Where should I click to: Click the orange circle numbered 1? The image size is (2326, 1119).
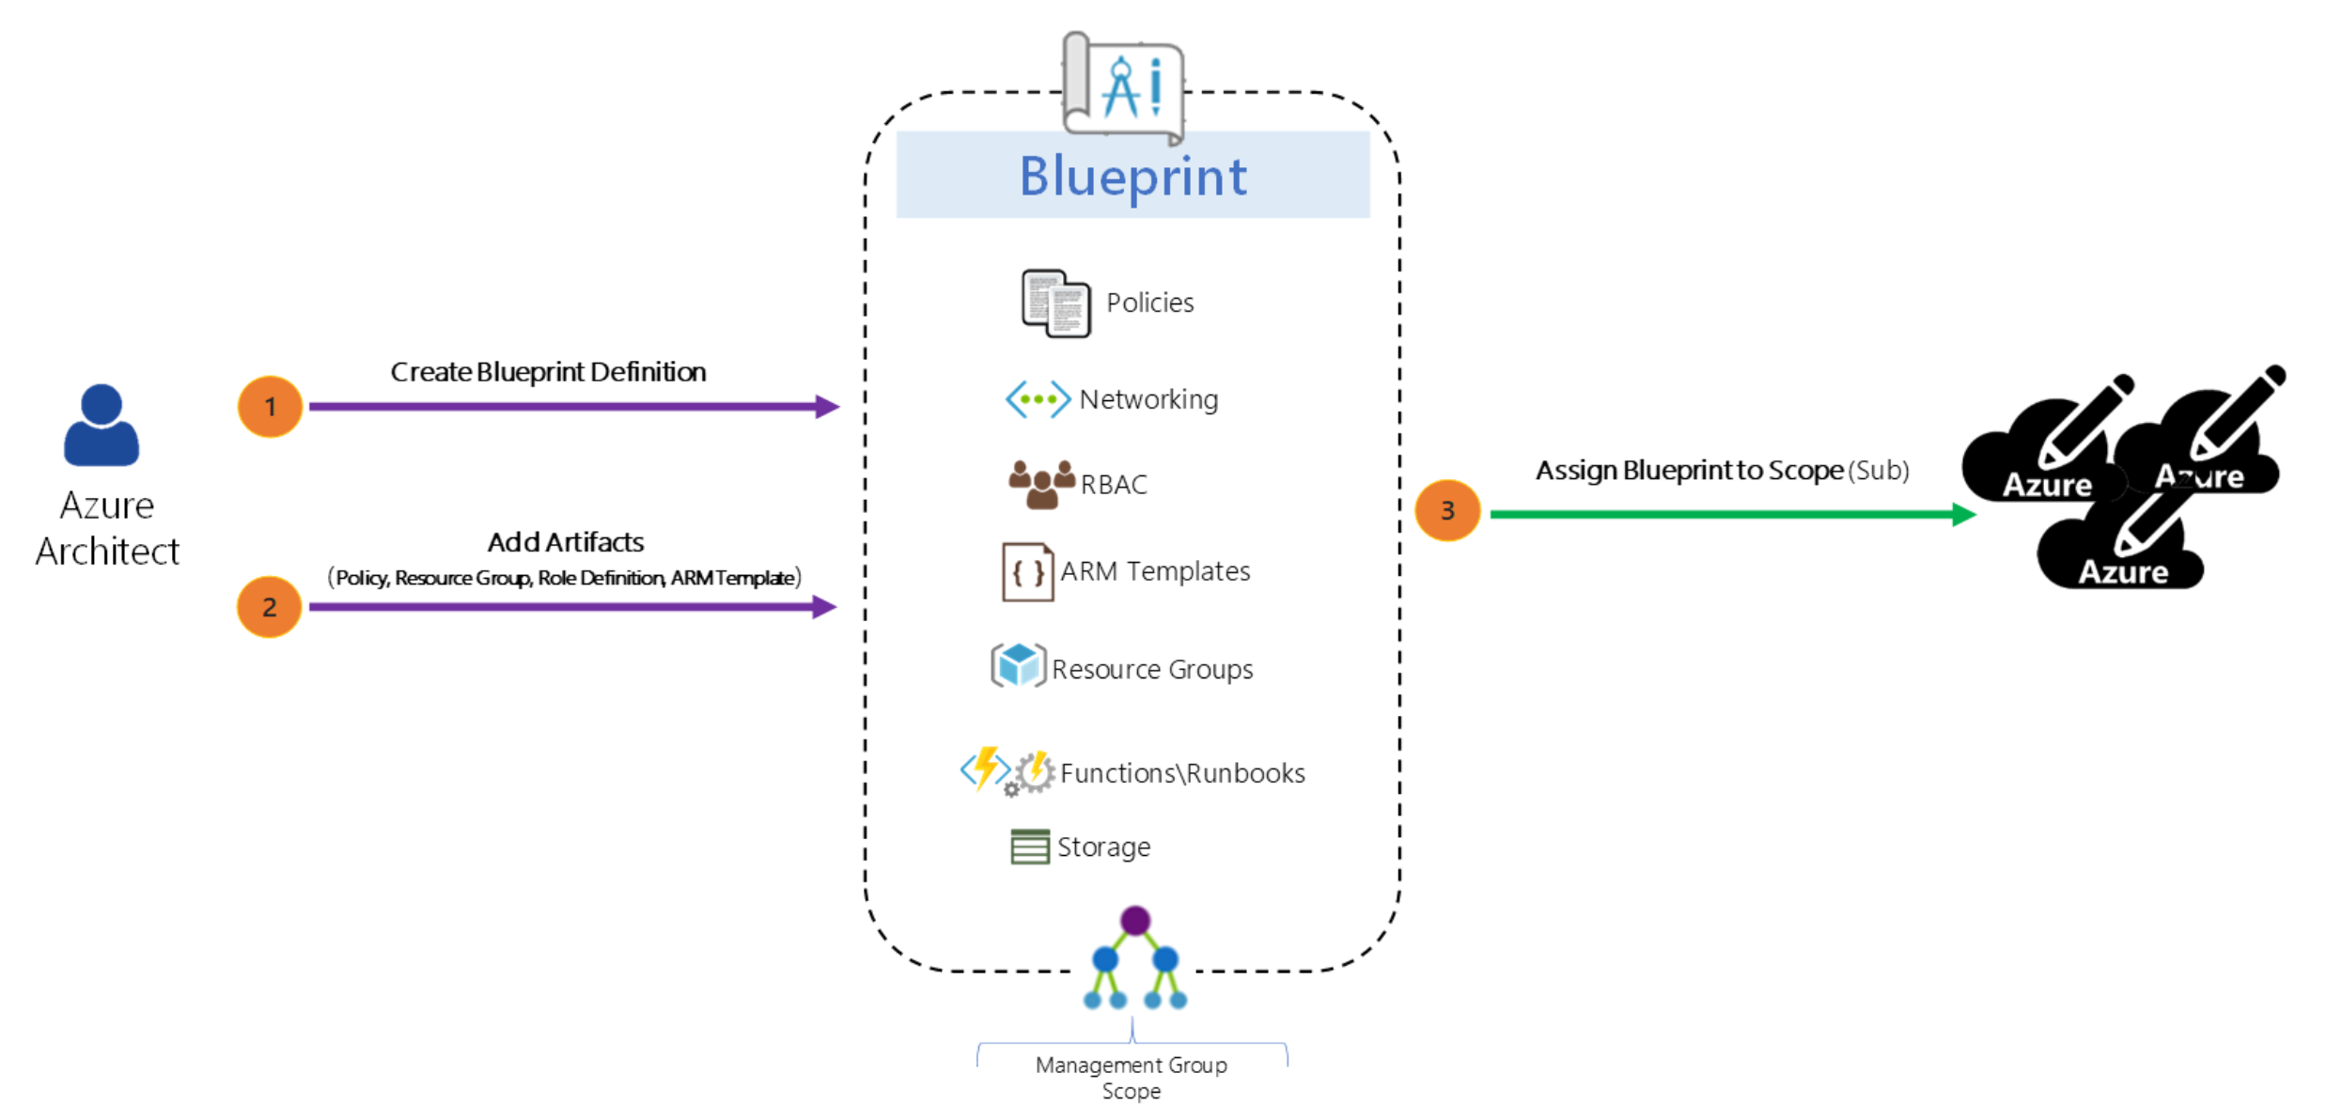[x=270, y=407]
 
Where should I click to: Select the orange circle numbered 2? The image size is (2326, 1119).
[x=269, y=607]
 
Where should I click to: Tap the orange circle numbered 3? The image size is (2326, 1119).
[x=1447, y=510]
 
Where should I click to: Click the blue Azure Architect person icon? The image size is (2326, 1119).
[x=101, y=425]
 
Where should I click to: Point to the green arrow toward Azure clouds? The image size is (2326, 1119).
[x=1733, y=514]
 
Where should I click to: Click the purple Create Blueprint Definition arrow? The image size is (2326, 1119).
[x=574, y=407]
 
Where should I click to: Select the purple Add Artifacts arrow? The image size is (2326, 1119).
[x=572, y=607]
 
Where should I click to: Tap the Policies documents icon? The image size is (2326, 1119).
[x=1055, y=303]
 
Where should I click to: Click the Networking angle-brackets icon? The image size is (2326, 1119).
[x=1038, y=399]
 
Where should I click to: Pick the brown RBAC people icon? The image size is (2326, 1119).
[x=1041, y=484]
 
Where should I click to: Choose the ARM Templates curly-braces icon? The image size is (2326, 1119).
[x=1027, y=571]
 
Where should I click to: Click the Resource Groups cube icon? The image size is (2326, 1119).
[x=1019, y=665]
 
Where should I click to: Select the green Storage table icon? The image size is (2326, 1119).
[x=1030, y=847]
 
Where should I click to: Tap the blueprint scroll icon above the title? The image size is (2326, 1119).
[x=1122, y=87]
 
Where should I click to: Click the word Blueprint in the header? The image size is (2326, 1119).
[x=1133, y=177]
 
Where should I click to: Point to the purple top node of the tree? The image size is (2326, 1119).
[x=1135, y=921]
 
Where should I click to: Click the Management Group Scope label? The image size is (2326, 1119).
[x=1132, y=1078]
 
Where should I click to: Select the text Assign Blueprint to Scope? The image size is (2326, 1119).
[x=1689, y=470]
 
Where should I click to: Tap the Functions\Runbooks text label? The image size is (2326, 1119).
[x=1182, y=773]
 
